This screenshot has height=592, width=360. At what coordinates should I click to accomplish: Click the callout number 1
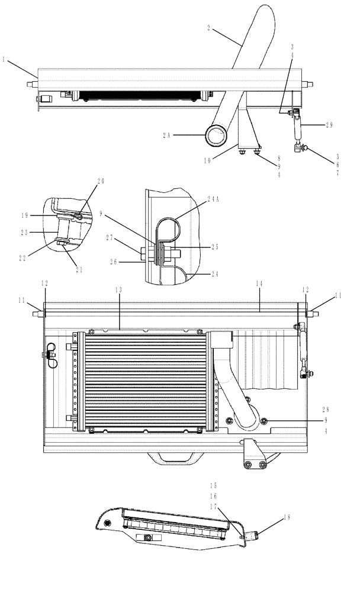pyautogui.click(x=4, y=59)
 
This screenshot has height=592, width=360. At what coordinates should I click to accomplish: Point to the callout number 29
pyautogui.click(x=330, y=125)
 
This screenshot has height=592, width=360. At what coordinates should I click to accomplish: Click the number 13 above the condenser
pyautogui.click(x=118, y=289)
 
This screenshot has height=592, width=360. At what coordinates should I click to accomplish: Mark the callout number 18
pyautogui.click(x=288, y=517)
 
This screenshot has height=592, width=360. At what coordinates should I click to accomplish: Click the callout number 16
pyautogui.click(x=213, y=496)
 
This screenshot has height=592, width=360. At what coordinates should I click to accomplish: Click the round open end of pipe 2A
pyautogui.click(x=217, y=136)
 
